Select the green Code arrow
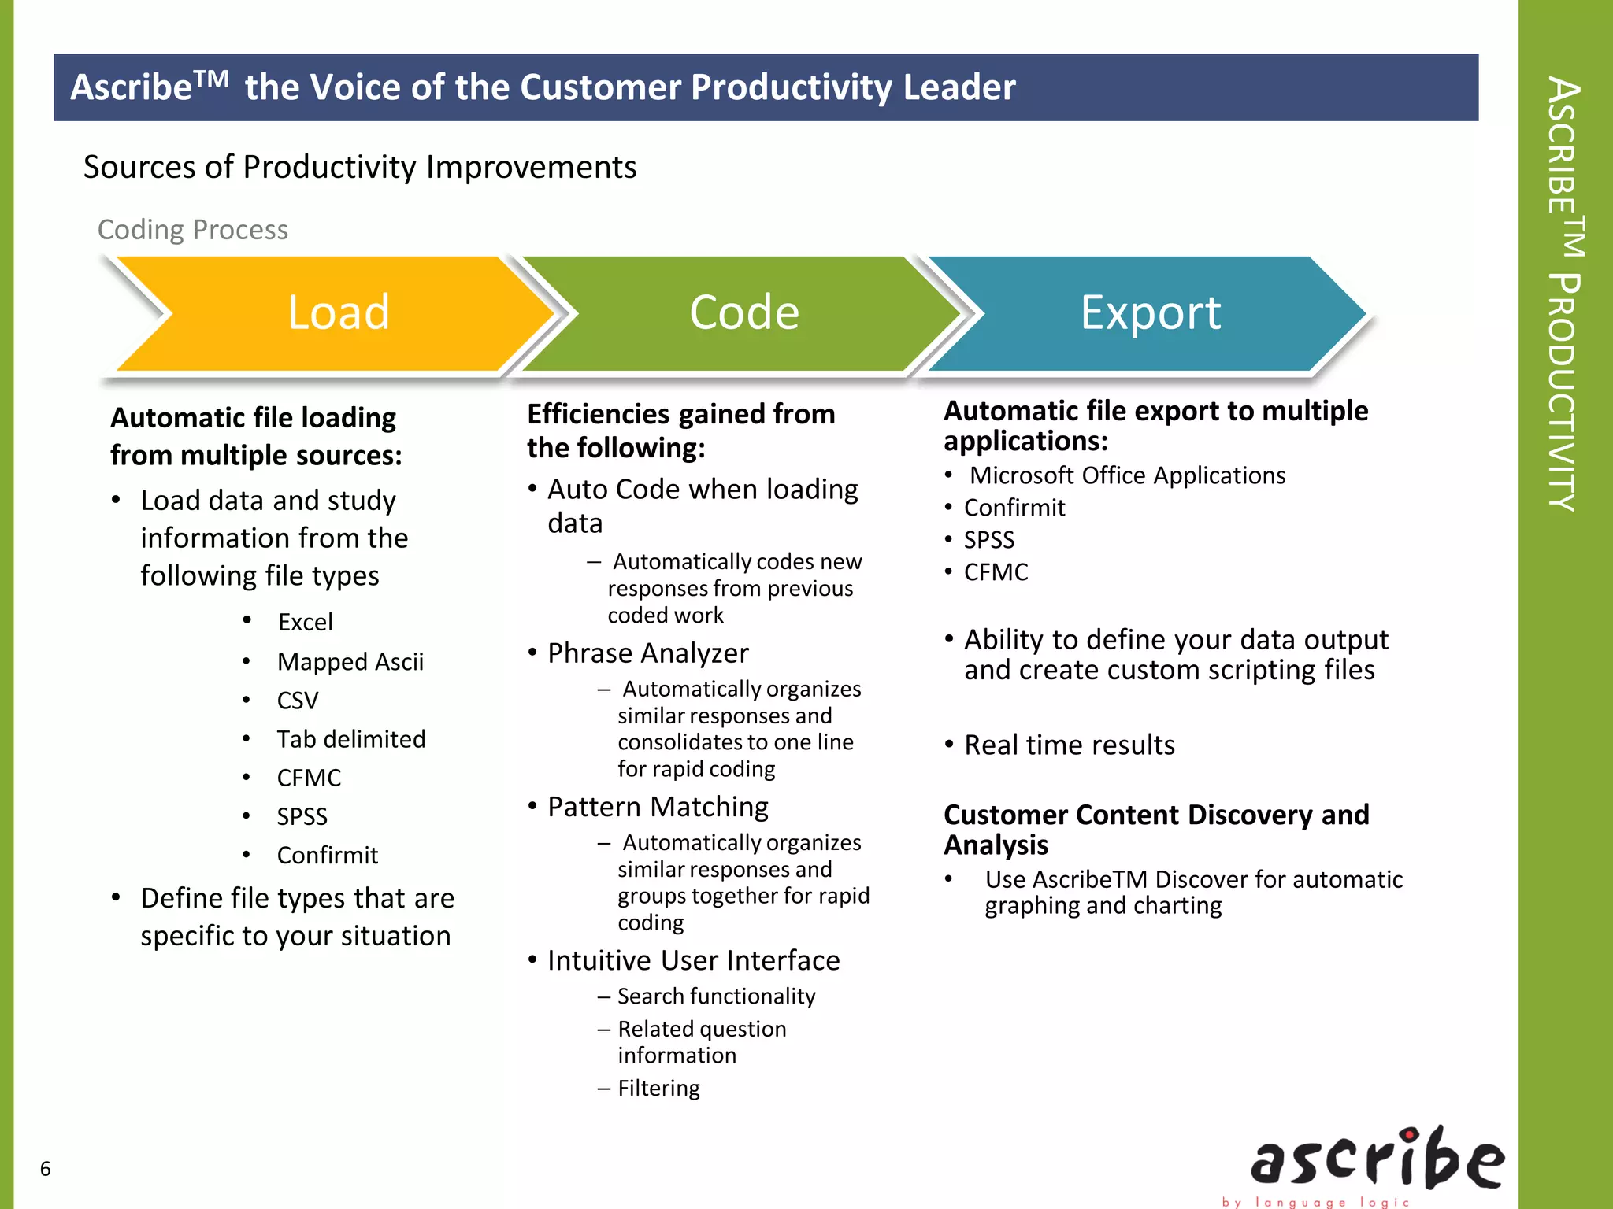click(743, 312)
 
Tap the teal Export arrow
click(1150, 312)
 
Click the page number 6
click(46, 1169)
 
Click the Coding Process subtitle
click(193, 230)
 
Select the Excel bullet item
click(306, 623)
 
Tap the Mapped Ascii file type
click(350, 662)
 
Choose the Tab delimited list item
click(351, 739)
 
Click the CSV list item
click(298, 701)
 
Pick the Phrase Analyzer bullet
click(647, 653)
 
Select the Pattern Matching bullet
click(658, 807)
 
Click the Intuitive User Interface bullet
click(693, 960)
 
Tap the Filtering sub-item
click(658, 1089)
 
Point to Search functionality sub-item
click(716, 996)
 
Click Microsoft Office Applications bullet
click(1127, 475)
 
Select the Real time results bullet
click(1070, 745)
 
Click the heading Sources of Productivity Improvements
click(360, 167)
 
